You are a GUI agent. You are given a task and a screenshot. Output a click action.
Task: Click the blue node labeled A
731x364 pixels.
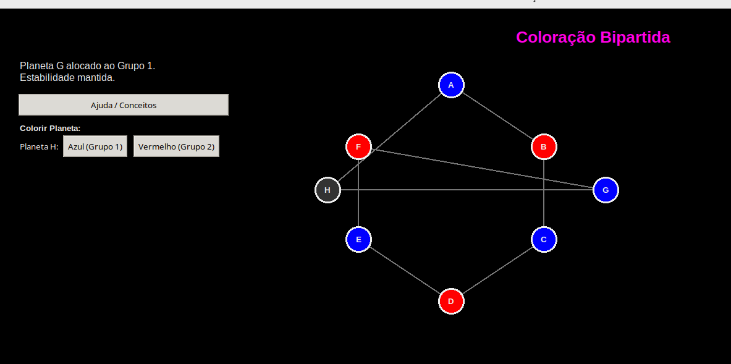(451, 85)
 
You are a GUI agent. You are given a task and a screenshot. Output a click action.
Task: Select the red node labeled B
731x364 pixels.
(544, 146)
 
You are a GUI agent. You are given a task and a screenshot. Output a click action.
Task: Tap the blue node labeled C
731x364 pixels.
(544, 239)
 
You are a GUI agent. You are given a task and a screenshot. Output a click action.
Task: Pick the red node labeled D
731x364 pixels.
(451, 301)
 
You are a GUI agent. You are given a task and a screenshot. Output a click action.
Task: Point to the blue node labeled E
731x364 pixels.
(358, 239)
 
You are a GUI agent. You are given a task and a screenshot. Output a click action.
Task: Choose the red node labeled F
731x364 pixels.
(358, 146)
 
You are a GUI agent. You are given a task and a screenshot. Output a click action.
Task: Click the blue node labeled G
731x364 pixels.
(606, 190)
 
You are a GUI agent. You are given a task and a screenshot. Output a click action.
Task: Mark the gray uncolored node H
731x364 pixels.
(327, 190)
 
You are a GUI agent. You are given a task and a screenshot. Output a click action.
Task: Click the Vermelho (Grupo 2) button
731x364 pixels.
(176, 146)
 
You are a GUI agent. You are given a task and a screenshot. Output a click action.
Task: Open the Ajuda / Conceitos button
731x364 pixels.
(124, 105)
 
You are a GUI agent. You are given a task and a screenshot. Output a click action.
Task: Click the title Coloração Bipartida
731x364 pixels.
(593, 38)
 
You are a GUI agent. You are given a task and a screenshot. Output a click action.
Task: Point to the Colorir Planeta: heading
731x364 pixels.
(50, 128)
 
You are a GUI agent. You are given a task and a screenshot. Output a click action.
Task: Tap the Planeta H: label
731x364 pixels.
(39, 147)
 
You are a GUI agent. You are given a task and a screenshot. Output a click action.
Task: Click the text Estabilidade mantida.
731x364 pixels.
(67, 78)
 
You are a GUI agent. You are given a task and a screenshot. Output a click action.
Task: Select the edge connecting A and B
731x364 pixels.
(497, 116)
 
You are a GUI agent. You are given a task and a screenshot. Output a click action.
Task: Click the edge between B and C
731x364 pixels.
(544, 193)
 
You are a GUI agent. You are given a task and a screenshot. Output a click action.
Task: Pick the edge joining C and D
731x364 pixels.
(497, 270)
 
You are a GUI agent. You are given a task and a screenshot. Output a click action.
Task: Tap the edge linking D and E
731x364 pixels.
(405, 270)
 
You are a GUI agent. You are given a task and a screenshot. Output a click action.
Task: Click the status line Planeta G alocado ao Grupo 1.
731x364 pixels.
(87, 66)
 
